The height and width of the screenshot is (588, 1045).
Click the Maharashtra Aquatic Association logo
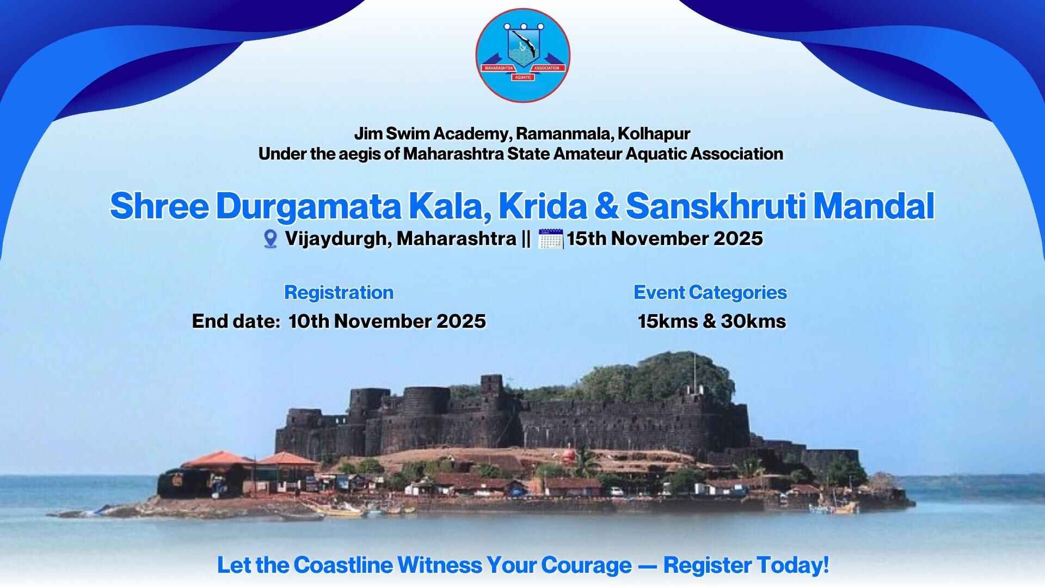tap(522, 55)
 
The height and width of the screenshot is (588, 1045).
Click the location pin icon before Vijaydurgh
tap(270, 239)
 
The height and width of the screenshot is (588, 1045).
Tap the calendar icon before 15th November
tap(550, 239)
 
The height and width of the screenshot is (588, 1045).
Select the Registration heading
tap(339, 293)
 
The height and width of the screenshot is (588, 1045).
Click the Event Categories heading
tap(710, 293)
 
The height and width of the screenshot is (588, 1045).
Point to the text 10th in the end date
tap(309, 321)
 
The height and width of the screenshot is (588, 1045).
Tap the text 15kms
tap(668, 321)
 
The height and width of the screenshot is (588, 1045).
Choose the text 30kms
tap(753, 321)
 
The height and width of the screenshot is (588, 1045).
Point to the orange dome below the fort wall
tap(568, 454)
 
